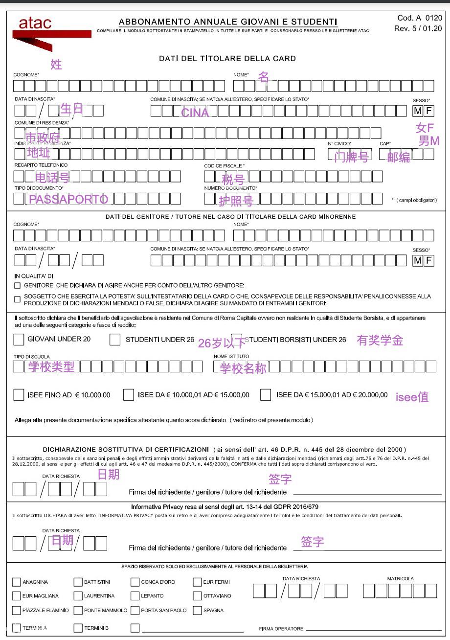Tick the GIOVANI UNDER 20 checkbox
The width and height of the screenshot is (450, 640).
pos(19,339)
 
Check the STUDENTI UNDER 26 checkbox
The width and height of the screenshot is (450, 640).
pos(115,339)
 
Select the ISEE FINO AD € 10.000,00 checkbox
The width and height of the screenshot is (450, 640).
pos(19,395)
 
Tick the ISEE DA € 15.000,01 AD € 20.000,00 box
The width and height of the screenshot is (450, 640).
pos(266,395)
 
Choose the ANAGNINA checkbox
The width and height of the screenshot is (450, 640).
pos(16,582)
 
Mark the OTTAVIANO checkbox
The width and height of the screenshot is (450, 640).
pos(197,596)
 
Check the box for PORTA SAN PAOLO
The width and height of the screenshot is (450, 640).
pos(135,610)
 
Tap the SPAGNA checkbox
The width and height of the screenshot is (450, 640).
pos(197,610)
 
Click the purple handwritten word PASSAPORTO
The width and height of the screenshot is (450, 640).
pos(68,200)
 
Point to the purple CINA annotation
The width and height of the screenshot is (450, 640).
pos(195,113)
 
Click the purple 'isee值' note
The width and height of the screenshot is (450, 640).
pos(412,397)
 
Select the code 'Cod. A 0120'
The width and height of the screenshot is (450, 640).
pos(420,18)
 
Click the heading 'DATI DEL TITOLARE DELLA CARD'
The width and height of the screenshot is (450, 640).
pos(227,59)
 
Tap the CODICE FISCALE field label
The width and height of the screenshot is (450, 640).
pos(224,166)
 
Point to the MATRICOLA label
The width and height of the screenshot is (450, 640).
pos(400,578)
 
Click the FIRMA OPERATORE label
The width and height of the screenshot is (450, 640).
pos(281,629)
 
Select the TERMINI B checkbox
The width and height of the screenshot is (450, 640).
pos(78,628)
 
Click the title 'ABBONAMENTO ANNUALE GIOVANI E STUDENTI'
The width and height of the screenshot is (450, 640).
pos(228,22)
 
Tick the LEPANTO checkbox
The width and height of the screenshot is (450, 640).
pos(135,596)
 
